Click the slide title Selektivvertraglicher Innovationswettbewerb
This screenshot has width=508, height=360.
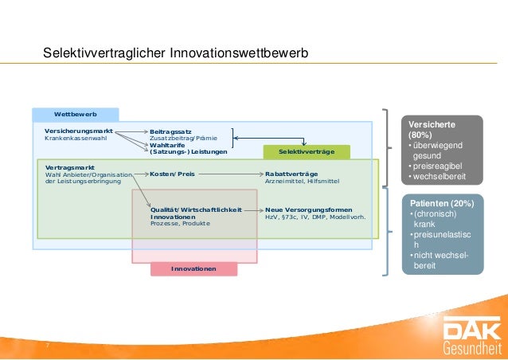(175, 53)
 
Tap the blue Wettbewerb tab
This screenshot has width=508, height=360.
(75, 115)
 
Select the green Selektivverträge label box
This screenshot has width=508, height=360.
(306, 151)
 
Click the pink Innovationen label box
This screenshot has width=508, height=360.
(193, 269)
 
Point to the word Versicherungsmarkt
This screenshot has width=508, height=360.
(78, 129)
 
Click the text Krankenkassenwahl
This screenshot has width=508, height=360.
(76, 138)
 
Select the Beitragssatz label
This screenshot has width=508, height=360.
(170, 130)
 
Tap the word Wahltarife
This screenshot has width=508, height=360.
(168, 144)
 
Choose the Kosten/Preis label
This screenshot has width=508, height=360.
(172, 173)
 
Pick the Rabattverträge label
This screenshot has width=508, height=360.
(291, 173)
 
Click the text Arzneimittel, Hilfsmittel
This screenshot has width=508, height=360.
(302, 181)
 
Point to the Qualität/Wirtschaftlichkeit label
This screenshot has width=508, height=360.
(196, 209)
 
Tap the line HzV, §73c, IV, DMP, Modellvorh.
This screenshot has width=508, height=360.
(315, 217)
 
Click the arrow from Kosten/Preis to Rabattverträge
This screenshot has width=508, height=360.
(230, 173)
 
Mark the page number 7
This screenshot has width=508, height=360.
(47, 345)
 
